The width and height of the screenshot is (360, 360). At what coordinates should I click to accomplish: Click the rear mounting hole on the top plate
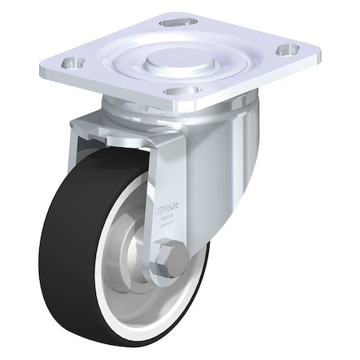[178, 22]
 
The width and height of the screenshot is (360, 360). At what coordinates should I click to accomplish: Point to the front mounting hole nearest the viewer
[183, 90]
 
